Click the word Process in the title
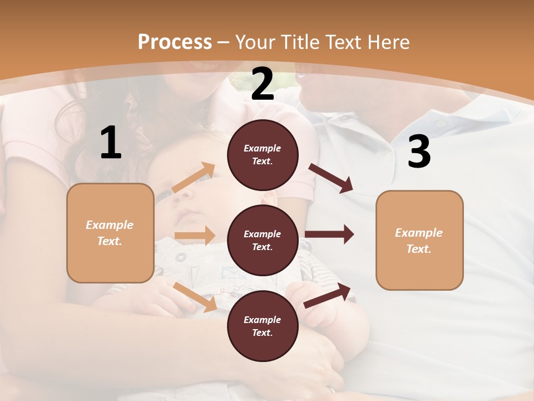(175, 42)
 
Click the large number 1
(111, 143)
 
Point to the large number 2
(263, 84)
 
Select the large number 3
(419, 152)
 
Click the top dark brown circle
(263, 155)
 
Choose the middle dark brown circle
(263, 240)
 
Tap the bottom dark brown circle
(263, 326)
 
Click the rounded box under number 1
(110, 233)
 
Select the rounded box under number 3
(419, 240)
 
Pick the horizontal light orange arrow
(194, 236)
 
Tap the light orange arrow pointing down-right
(195, 297)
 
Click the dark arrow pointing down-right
(331, 178)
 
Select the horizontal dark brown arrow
(329, 234)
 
